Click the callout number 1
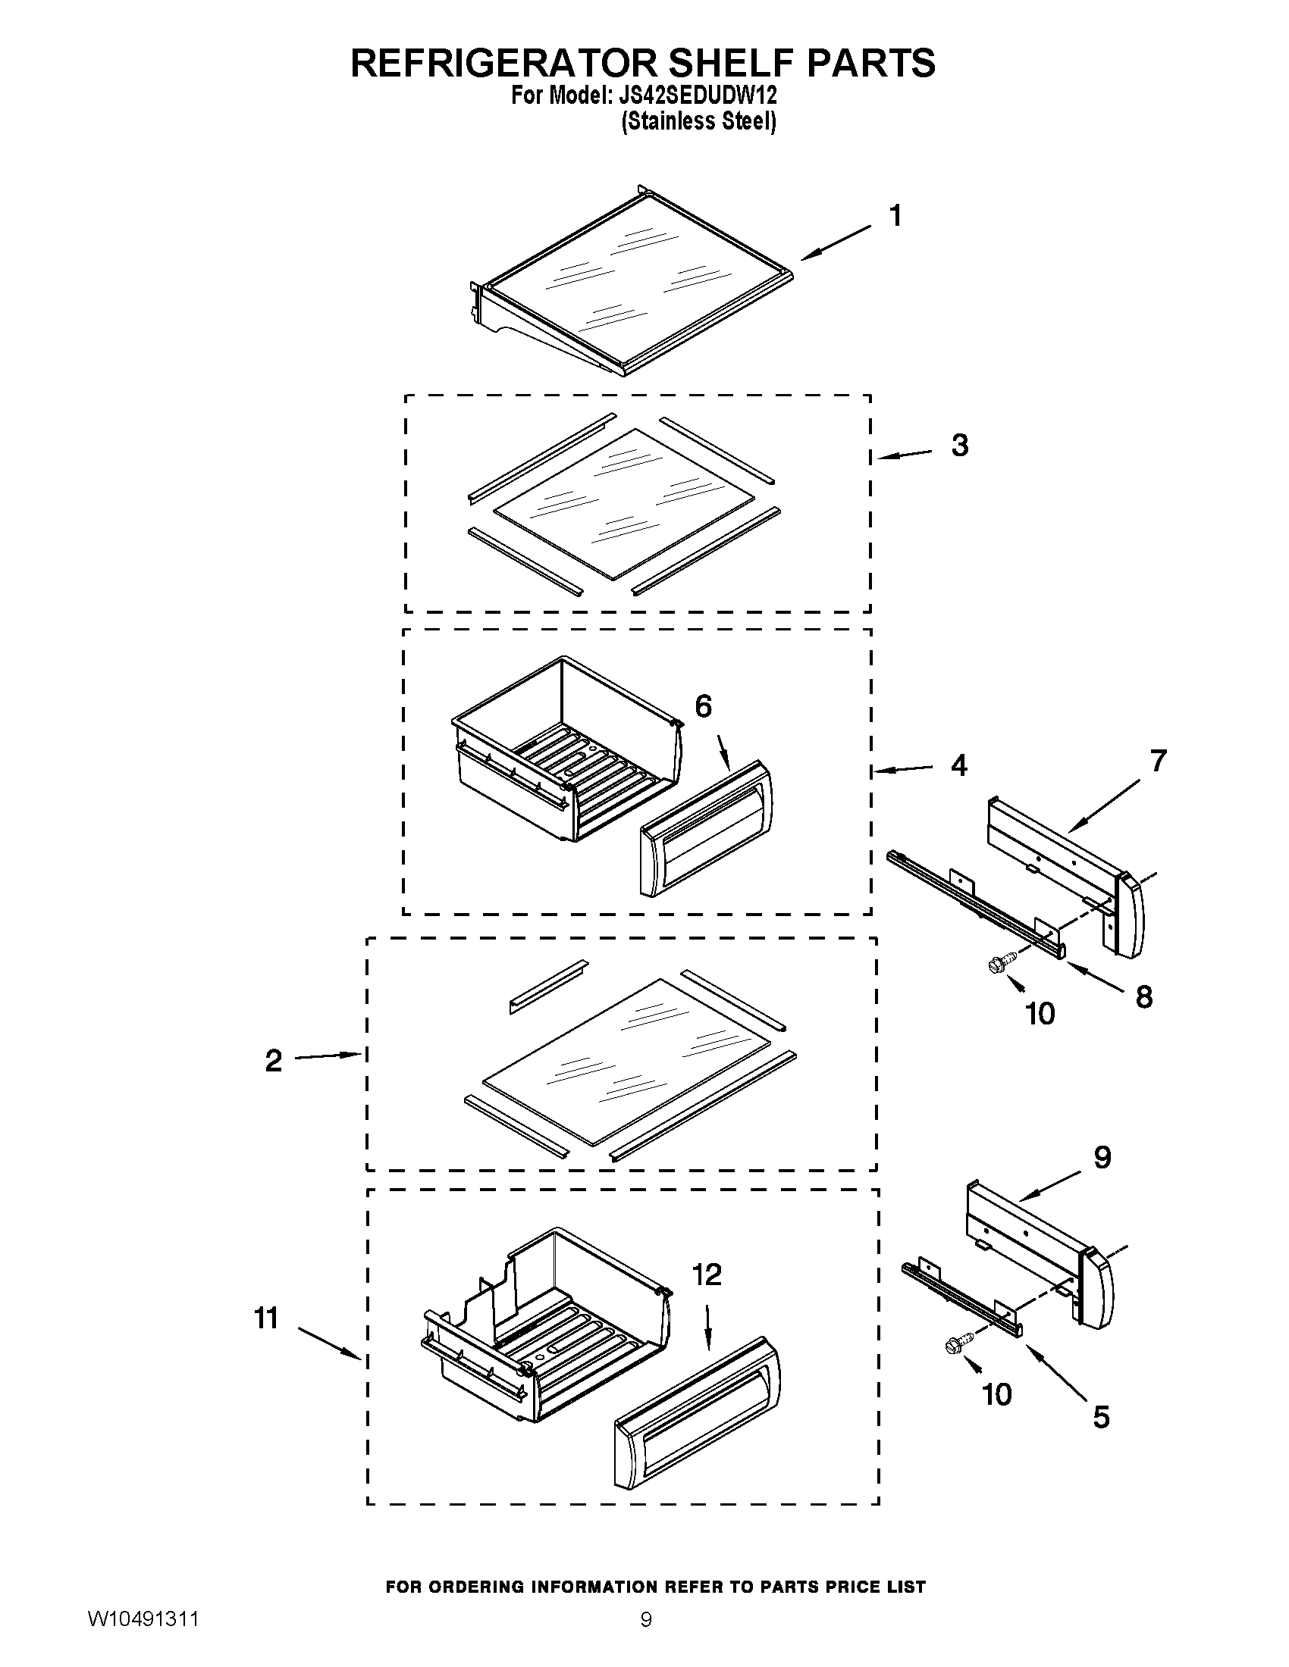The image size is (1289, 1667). pyautogui.click(x=895, y=216)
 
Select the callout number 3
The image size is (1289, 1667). pyautogui.click(x=959, y=446)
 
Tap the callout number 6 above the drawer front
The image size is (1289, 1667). pyautogui.click(x=703, y=707)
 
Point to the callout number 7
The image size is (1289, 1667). pyautogui.click(x=1158, y=761)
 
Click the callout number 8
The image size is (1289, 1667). pyautogui.click(x=1143, y=997)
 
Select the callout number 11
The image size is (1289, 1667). pyautogui.click(x=266, y=1318)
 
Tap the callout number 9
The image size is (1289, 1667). pyautogui.click(x=1102, y=1158)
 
